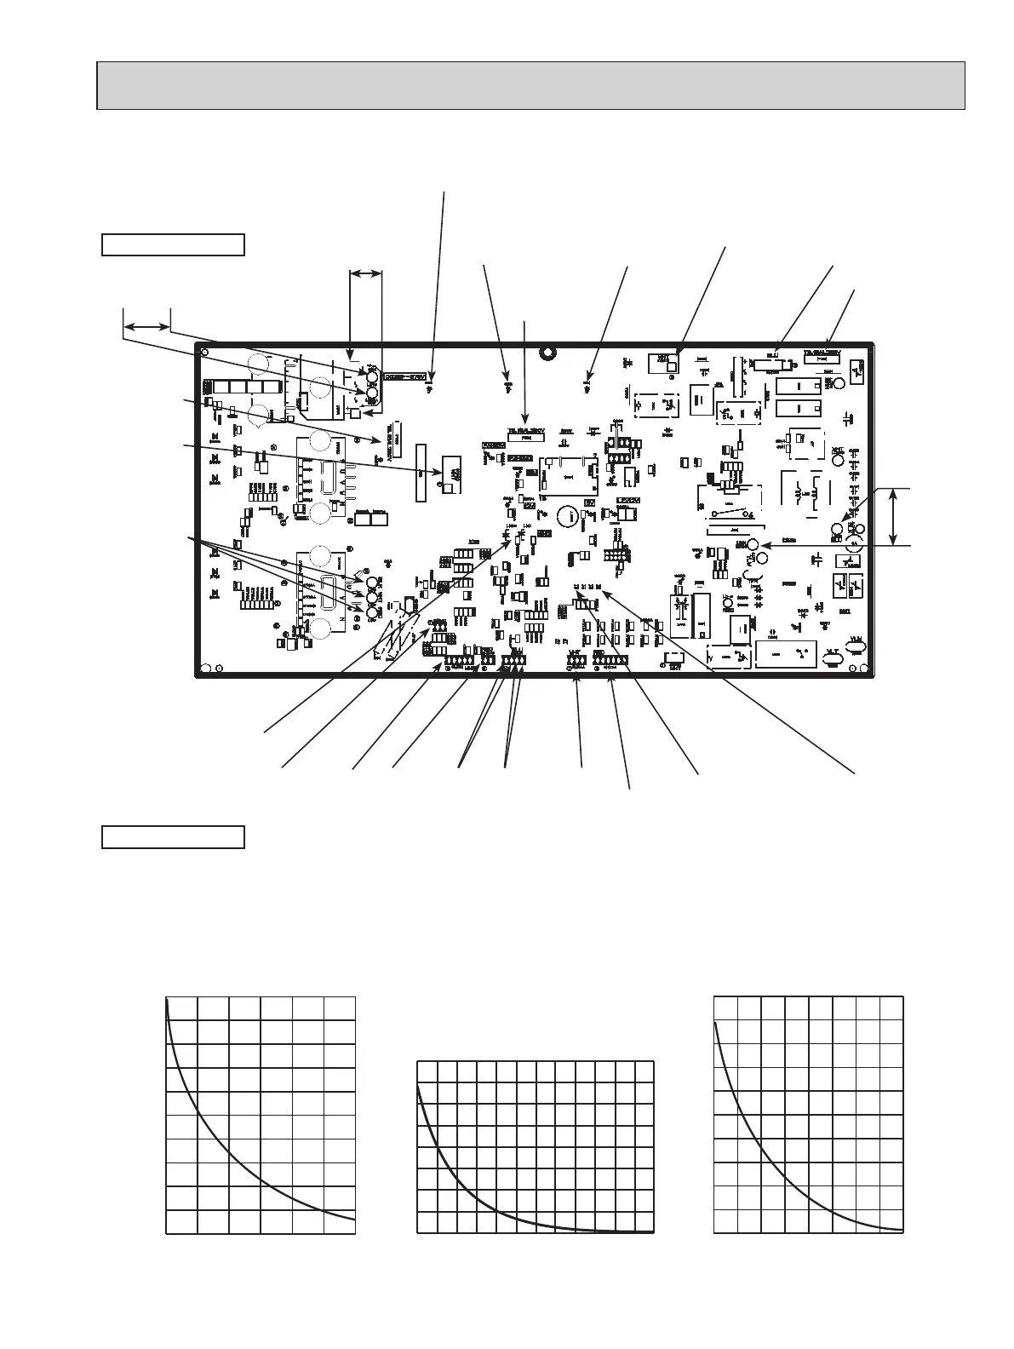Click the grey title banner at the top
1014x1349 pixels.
pyautogui.click(x=530, y=85)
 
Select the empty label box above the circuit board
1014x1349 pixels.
pyautogui.click(x=173, y=244)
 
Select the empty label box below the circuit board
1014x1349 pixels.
pyautogui.click(x=173, y=836)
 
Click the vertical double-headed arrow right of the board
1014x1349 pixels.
pyautogui.click(x=892, y=516)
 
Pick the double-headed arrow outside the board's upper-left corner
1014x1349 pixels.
pyautogui.click(x=146, y=326)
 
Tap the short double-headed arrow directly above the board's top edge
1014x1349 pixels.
pyautogui.click(x=366, y=273)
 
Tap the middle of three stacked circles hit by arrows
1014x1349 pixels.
pyautogui.click(x=372, y=596)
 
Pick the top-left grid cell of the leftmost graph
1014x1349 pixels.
pyautogui.click(x=181, y=1008)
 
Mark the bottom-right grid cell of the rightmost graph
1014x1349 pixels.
pyautogui.click(x=891, y=1220)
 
